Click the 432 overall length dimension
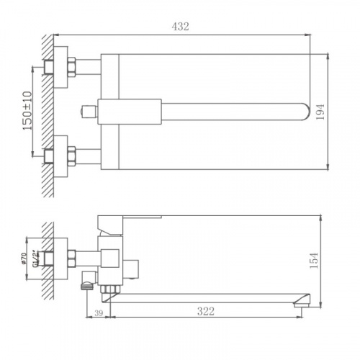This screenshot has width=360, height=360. point(180,27)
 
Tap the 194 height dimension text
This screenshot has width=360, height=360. point(320,112)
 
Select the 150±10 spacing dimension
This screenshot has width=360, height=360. point(27,111)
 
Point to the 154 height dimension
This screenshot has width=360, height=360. point(314,261)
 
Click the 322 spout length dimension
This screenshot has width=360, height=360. point(206,311)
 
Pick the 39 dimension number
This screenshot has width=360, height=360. point(99,313)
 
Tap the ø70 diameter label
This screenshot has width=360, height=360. point(24,258)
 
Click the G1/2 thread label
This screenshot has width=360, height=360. point(36,258)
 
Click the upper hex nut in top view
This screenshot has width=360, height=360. point(71,67)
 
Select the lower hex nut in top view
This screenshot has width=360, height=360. point(71,156)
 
